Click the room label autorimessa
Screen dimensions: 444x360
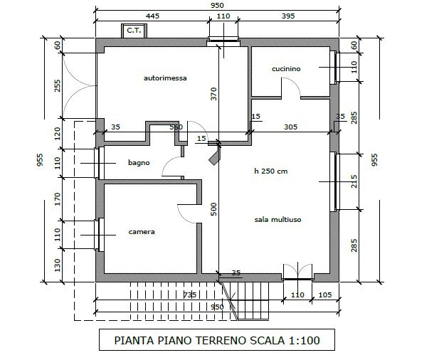tap(165, 78)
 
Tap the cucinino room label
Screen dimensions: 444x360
tap(286, 69)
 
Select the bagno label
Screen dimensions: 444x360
tap(139, 163)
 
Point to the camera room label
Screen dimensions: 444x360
tap(142, 232)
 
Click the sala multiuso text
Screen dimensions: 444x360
tap(277, 220)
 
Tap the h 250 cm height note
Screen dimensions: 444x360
tap(271, 171)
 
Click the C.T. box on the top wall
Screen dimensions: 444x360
tap(134, 31)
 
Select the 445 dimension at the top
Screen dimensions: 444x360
tap(152, 16)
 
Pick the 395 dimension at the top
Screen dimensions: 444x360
tap(288, 16)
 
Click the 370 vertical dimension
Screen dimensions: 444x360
tap(213, 94)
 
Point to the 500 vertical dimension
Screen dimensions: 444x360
tap(213, 209)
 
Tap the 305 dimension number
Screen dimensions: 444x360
tap(291, 127)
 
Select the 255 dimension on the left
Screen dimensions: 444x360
tap(57, 85)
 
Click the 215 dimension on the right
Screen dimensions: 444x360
tap(354, 181)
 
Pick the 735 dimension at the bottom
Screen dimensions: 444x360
tap(190, 295)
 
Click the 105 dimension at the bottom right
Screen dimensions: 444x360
tap(324, 295)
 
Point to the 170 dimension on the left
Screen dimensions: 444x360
tap(58, 199)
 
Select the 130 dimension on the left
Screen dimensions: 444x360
tap(58, 265)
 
